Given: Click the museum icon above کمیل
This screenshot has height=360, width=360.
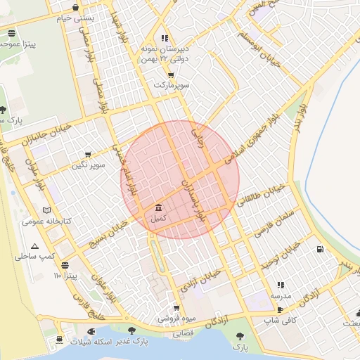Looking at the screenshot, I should click(x=157, y=208).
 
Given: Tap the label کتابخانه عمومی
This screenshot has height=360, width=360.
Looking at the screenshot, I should click(x=43, y=221).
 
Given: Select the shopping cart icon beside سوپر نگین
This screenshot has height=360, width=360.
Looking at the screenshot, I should click(x=88, y=155).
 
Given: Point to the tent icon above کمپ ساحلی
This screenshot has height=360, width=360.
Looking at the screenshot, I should click(x=34, y=246).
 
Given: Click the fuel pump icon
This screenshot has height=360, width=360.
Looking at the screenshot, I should click(x=321, y=248).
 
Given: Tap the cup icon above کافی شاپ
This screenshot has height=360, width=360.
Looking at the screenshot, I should click(x=280, y=309).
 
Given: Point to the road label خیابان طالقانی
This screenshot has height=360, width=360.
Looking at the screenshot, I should click(x=262, y=195).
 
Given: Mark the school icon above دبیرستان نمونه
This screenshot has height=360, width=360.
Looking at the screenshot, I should click(x=165, y=39).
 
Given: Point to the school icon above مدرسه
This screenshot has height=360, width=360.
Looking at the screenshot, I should click(x=281, y=285).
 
